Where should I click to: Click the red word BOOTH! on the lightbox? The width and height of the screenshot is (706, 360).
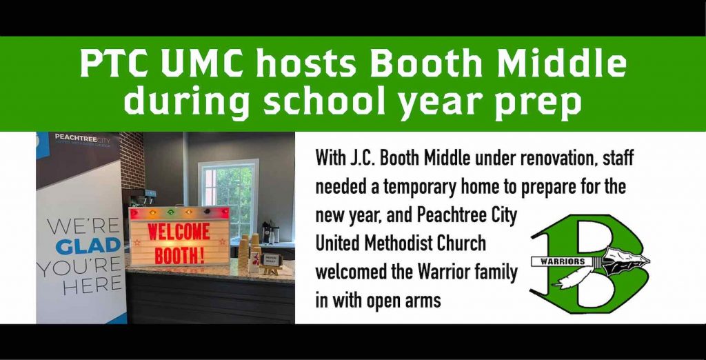coord(180,254)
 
